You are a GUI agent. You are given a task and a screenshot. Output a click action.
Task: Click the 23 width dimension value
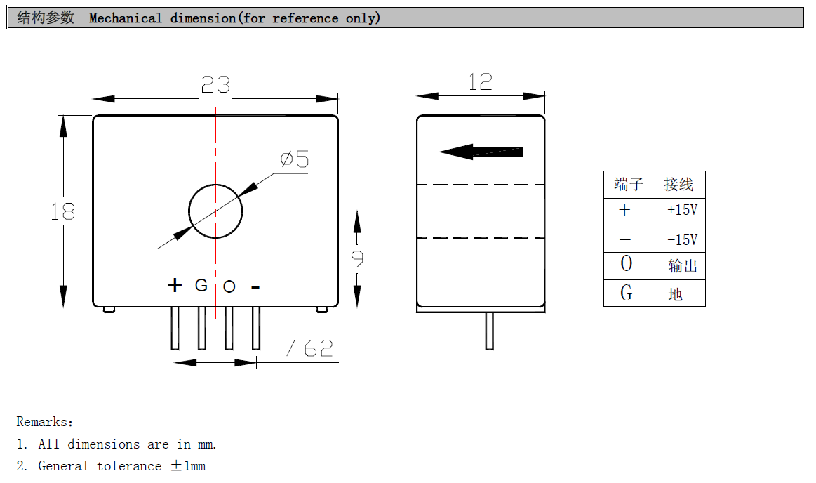pos(215,85)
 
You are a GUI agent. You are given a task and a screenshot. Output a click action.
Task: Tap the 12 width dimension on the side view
pos(480,82)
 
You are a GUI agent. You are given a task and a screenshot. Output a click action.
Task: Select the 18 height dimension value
pos(62,211)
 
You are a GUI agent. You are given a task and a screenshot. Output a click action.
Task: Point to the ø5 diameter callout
pos(295,160)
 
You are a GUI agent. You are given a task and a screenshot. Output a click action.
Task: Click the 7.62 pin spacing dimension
pos(308,348)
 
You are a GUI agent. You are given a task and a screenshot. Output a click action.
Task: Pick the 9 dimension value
pos(357,260)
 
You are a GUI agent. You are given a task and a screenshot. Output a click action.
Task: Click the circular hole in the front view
pos(215,211)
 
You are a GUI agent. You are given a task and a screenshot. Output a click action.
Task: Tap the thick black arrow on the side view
pos(481,151)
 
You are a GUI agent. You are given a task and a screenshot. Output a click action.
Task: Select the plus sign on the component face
pos(175,285)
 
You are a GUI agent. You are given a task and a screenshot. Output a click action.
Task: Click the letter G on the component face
pos(201,285)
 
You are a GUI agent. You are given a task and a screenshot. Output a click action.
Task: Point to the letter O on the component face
pos(229,286)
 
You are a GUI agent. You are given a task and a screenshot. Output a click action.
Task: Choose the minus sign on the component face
pos(255,286)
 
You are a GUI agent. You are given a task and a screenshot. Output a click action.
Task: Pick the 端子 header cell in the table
pos(628,185)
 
